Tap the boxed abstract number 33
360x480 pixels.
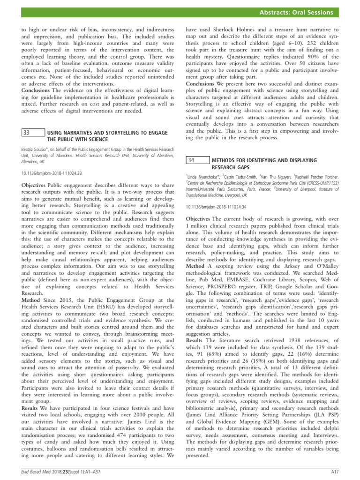click(x=27, y=133)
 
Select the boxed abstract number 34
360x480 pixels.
click(x=191, y=160)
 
